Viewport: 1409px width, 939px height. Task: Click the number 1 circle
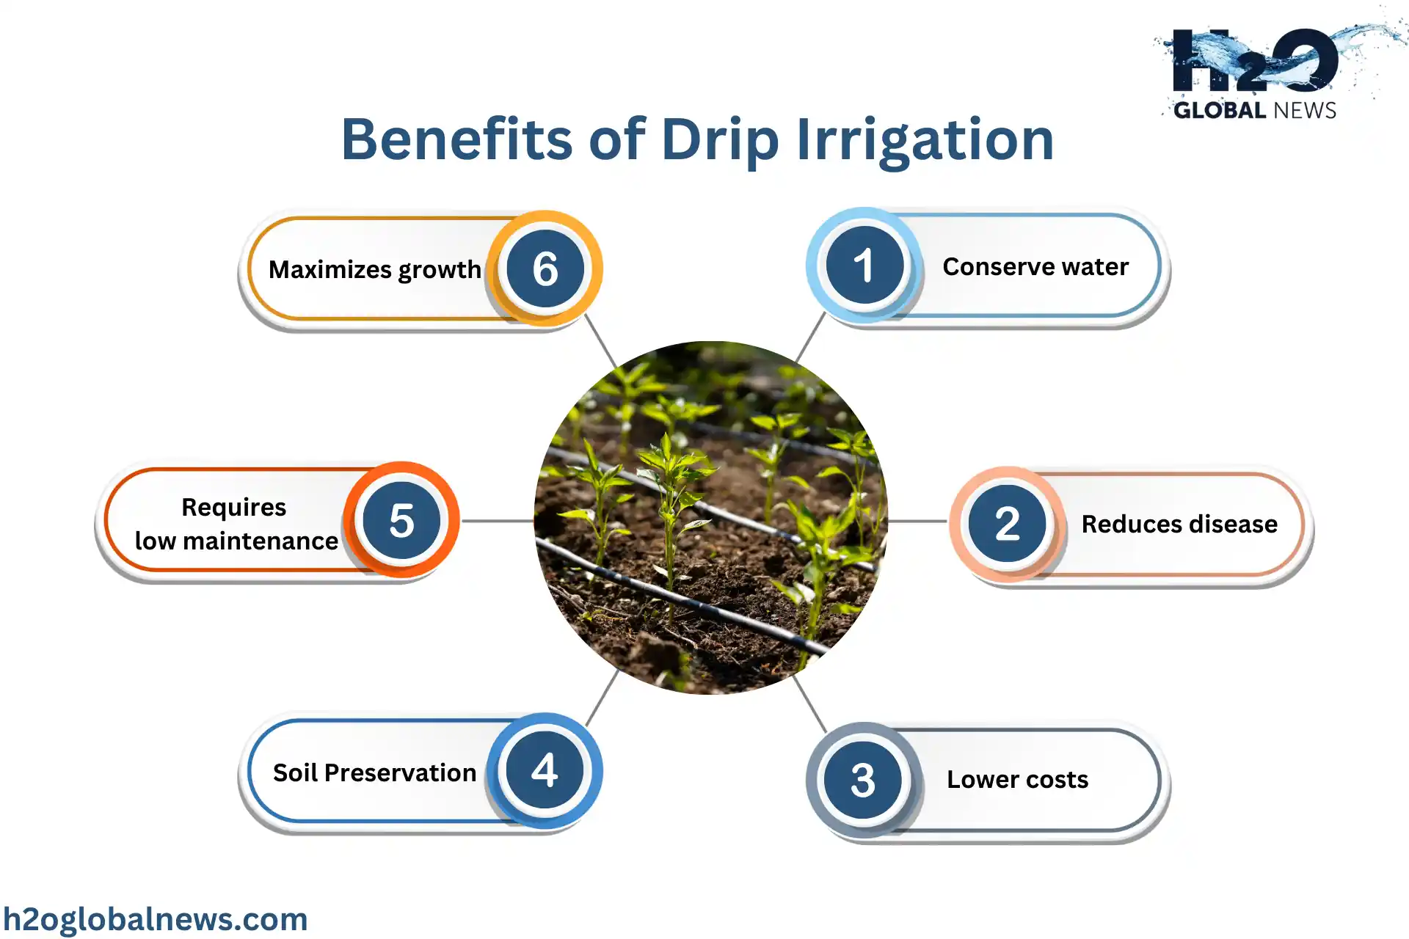[x=864, y=265]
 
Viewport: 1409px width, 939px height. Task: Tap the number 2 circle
[x=1007, y=523]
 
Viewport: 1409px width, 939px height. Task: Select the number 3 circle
[x=863, y=779]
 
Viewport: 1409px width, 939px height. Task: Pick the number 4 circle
[x=545, y=770]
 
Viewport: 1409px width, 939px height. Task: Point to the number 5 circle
[x=401, y=519]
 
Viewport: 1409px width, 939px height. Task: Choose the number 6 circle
[x=545, y=268]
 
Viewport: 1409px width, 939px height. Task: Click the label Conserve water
[x=1035, y=266]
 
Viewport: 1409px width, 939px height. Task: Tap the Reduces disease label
[x=1179, y=524]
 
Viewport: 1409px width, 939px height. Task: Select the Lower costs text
[x=1017, y=779]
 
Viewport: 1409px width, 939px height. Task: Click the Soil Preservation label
[x=374, y=772]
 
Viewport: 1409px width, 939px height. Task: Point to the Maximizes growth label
[x=374, y=270]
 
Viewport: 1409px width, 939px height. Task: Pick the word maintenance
[x=261, y=541]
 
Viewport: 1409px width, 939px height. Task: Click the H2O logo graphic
[x=1255, y=59]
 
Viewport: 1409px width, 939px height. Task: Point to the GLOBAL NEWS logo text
[x=1255, y=110]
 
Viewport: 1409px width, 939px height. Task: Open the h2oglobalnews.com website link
[x=155, y=919]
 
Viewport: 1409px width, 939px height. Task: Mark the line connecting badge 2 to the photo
[x=917, y=522]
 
